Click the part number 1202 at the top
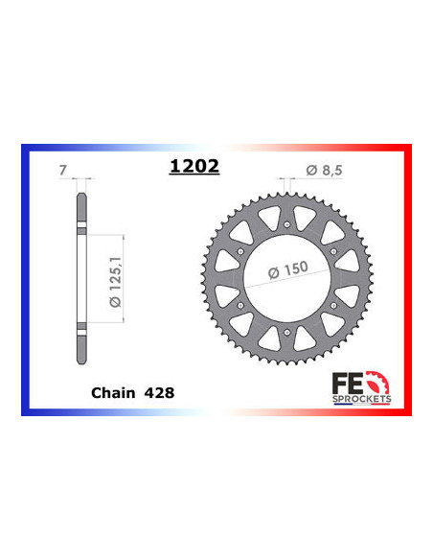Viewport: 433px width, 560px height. [x=194, y=166]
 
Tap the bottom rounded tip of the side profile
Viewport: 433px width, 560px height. [x=83, y=356]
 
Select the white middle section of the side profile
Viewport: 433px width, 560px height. [x=83, y=278]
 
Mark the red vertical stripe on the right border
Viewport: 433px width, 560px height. [x=408, y=279]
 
